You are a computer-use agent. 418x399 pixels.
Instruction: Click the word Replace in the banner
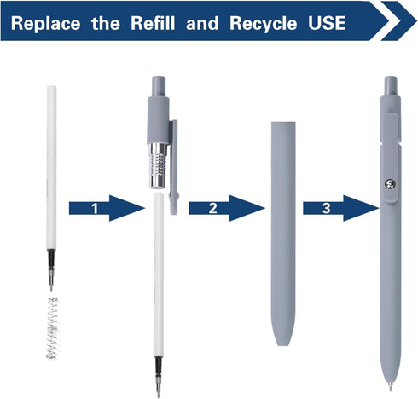[45, 24]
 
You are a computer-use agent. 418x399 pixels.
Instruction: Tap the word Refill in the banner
[153, 23]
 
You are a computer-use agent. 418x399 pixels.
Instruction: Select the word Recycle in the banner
[264, 24]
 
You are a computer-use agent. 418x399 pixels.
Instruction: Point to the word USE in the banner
[327, 23]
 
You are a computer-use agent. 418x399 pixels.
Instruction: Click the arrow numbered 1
[107, 208]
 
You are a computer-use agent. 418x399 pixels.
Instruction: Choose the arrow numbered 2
[227, 208]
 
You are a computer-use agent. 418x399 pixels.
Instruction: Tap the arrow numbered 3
[341, 208]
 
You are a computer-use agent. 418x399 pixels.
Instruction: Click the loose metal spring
[53, 328]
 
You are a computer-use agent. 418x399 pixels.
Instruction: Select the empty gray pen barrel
[283, 234]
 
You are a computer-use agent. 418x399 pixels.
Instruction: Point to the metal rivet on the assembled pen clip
[390, 184]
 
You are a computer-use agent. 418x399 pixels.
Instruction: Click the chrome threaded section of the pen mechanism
[158, 165]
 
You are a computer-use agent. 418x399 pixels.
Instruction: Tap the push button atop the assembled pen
[391, 85]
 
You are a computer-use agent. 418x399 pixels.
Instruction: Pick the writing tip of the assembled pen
[390, 386]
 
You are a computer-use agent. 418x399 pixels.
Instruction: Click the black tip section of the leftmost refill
[51, 270]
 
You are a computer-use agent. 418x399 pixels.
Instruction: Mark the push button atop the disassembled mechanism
[159, 87]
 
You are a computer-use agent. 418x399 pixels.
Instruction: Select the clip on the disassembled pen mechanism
[174, 167]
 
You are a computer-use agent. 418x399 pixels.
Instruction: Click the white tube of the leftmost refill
[51, 167]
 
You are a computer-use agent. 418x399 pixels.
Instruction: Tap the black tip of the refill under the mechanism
[159, 377]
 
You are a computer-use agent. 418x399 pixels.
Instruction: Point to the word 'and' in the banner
[202, 23]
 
